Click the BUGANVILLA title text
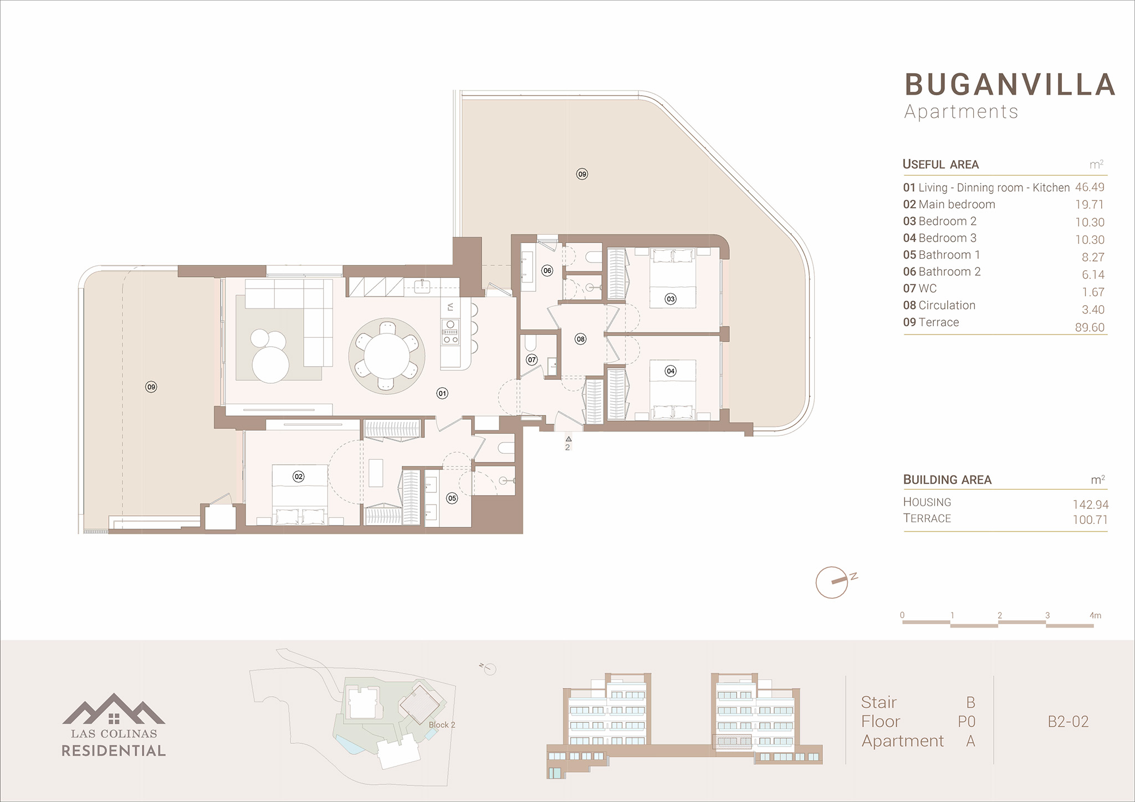[1010, 85]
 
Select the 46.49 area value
[1090, 187]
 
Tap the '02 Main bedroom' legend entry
[949, 204]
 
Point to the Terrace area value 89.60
[1090, 327]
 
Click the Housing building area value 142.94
[1091, 504]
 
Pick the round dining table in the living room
[387, 356]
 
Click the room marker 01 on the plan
[442, 393]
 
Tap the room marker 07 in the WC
[532, 359]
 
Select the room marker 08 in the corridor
[580, 339]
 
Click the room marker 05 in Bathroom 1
[452, 498]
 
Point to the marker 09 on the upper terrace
[582, 174]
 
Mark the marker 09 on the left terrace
[151, 387]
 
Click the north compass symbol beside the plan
[832, 582]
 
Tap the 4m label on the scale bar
[1095, 615]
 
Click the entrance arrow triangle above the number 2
[569, 439]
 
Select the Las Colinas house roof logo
[114, 708]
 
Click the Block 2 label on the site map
[442, 724]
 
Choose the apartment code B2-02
[1068, 721]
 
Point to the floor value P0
[966, 721]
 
